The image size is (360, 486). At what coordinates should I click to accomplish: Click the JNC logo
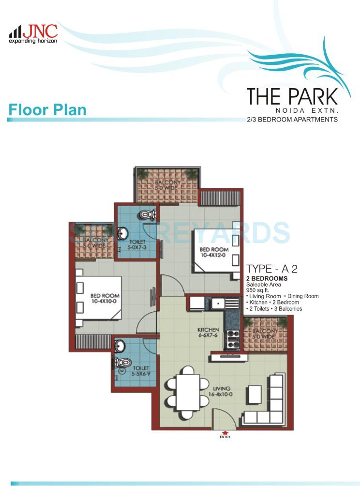point(33,33)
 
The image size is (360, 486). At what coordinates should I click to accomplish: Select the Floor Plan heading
point(47,109)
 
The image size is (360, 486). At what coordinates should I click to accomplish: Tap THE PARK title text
point(292,96)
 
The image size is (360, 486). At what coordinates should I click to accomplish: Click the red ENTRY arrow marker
point(225,432)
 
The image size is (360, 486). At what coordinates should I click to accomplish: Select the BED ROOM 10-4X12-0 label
point(213,252)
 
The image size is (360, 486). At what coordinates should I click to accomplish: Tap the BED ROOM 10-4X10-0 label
point(105,298)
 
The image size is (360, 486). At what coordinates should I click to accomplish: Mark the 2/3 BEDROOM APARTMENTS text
point(292,119)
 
